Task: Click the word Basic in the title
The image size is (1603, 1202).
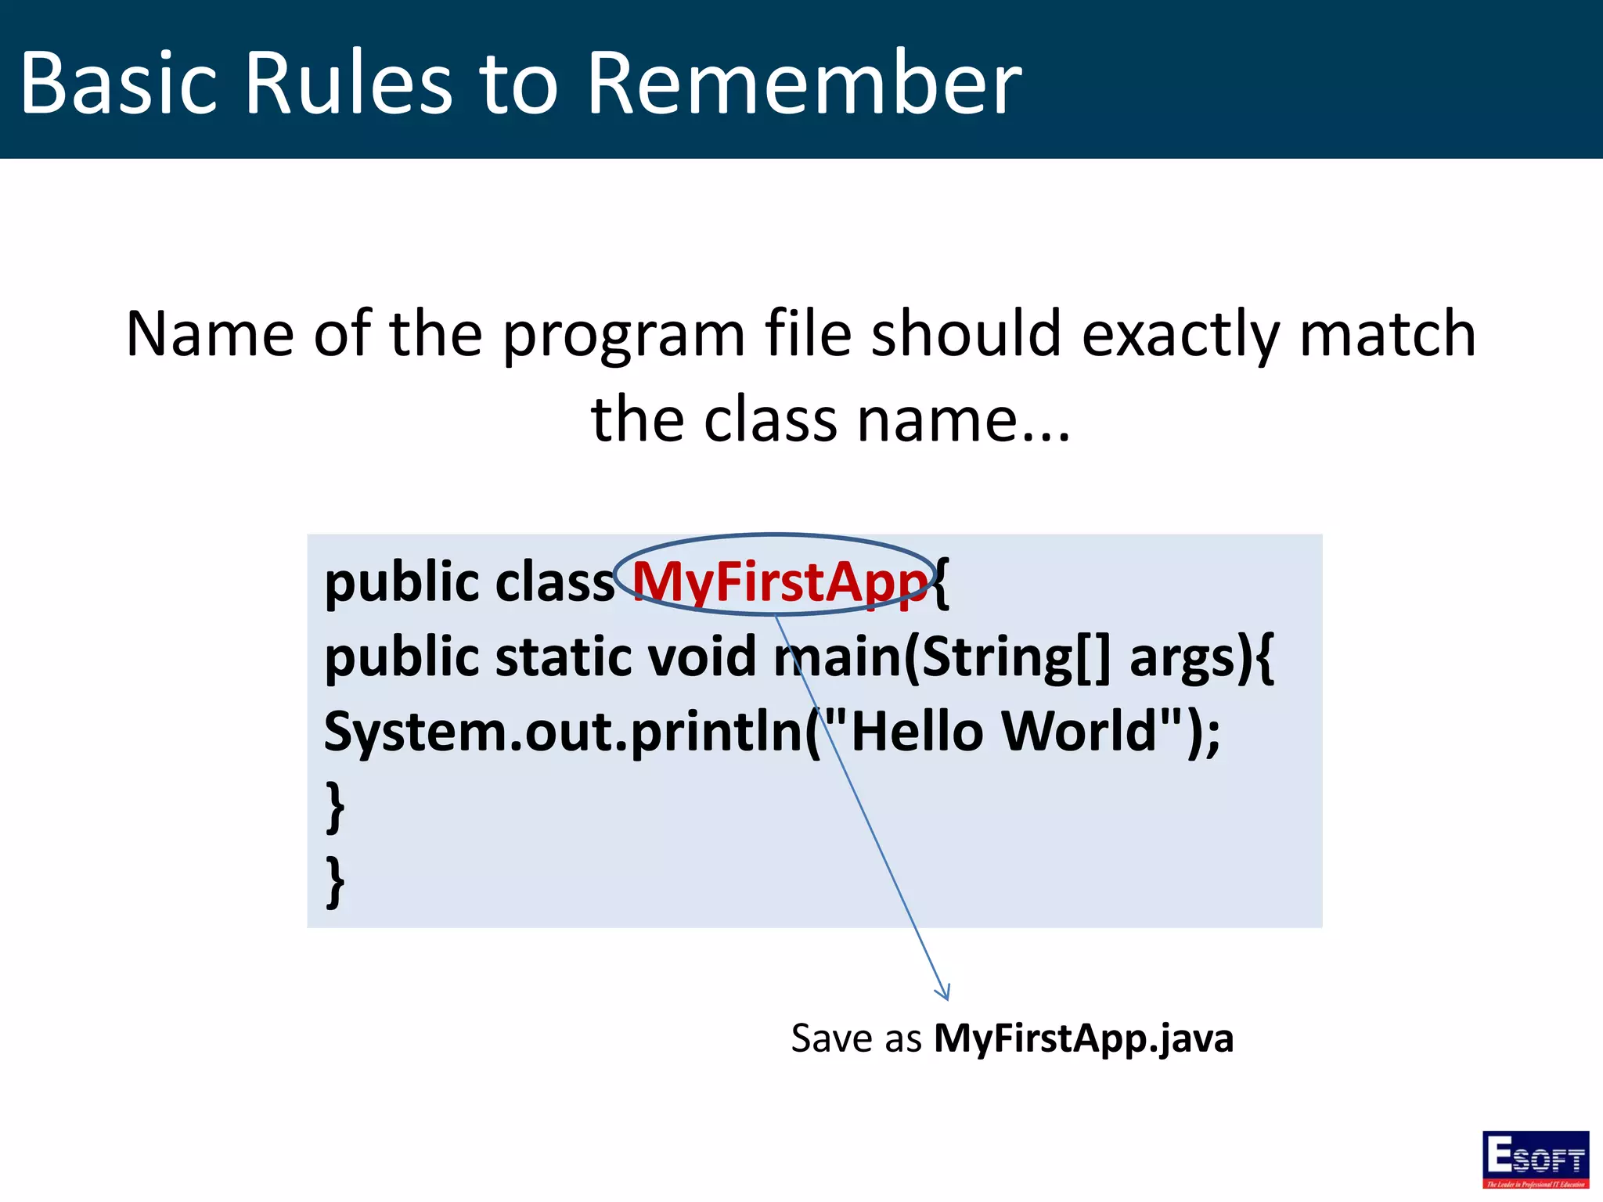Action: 117,83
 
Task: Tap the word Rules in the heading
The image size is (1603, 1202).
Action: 348,83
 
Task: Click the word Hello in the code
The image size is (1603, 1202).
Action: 916,731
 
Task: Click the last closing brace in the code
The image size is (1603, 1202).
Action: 335,881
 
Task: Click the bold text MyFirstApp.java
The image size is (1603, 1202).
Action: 1083,1039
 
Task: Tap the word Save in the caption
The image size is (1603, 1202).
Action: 831,1039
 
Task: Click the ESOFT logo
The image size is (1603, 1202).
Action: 1535,1159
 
